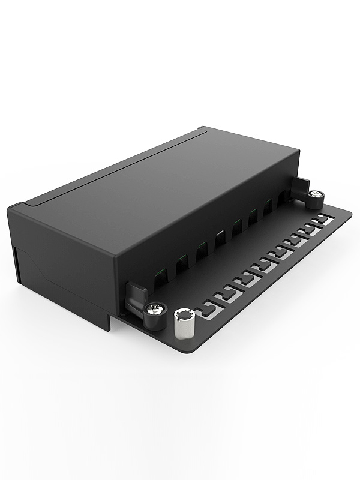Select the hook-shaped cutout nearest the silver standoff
coord(208,309)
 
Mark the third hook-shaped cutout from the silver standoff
coord(246,278)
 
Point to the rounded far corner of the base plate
coord(350,211)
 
